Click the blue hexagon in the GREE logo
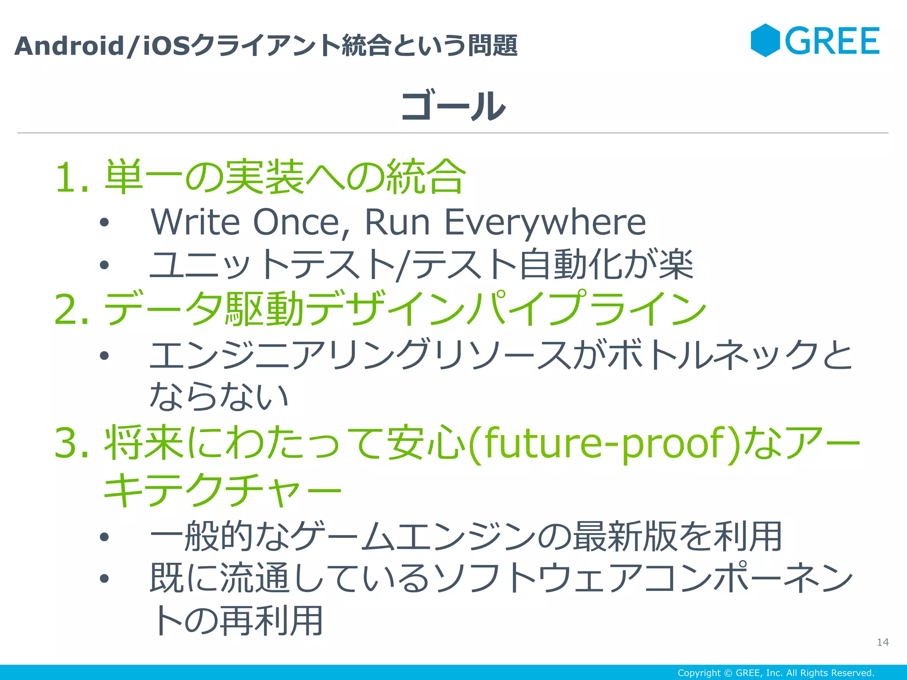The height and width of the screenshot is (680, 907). click(x=765, y=40)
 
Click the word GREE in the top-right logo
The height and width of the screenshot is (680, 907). click(x=832, y=41)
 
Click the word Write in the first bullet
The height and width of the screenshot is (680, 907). click(x=195, y=222)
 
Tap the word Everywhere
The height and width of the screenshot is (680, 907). click(x=545, y=223)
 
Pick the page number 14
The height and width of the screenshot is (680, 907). click(x=883, y=642)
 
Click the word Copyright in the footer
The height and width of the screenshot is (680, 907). click(x=699, y=673)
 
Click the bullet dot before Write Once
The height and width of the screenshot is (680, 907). click(x=104, y=223)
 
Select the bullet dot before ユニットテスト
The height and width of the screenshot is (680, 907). click(x=104, y=265)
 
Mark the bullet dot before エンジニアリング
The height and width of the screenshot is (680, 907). click(x=104, y=355)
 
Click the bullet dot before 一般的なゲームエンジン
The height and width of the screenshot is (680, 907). click(x=104, y=537)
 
